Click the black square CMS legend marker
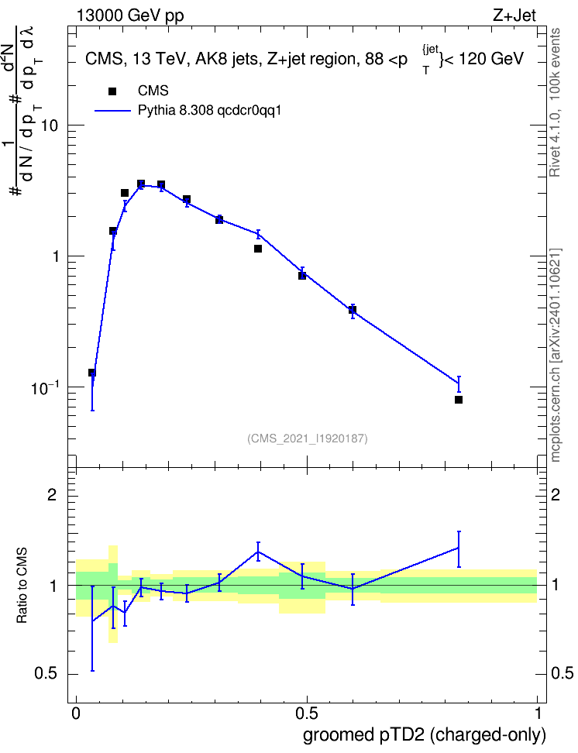click(x=112, y=91)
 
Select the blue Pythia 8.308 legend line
click(x=113, y=111)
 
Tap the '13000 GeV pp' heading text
click(x=130, y=15)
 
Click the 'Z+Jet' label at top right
click(x=514, y=15)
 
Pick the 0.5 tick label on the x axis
click(x=307, y=713)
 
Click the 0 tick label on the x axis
click(x=76, y=713)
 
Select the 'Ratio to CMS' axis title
click(x=22, y=586)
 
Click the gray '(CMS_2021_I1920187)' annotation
click(x=308, y=438)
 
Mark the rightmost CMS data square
click(x=459, y=400)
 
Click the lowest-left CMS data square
click(x=92, y=373)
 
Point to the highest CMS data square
click(x=141, y=184)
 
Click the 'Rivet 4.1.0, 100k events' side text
click(x=555, y=102)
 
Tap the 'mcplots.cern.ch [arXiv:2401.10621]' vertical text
click(x=556, y=355)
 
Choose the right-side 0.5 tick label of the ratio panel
click(x=562, y=673)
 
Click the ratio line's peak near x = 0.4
click(x=259, y=552)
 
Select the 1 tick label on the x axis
click(x=538, y=713)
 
